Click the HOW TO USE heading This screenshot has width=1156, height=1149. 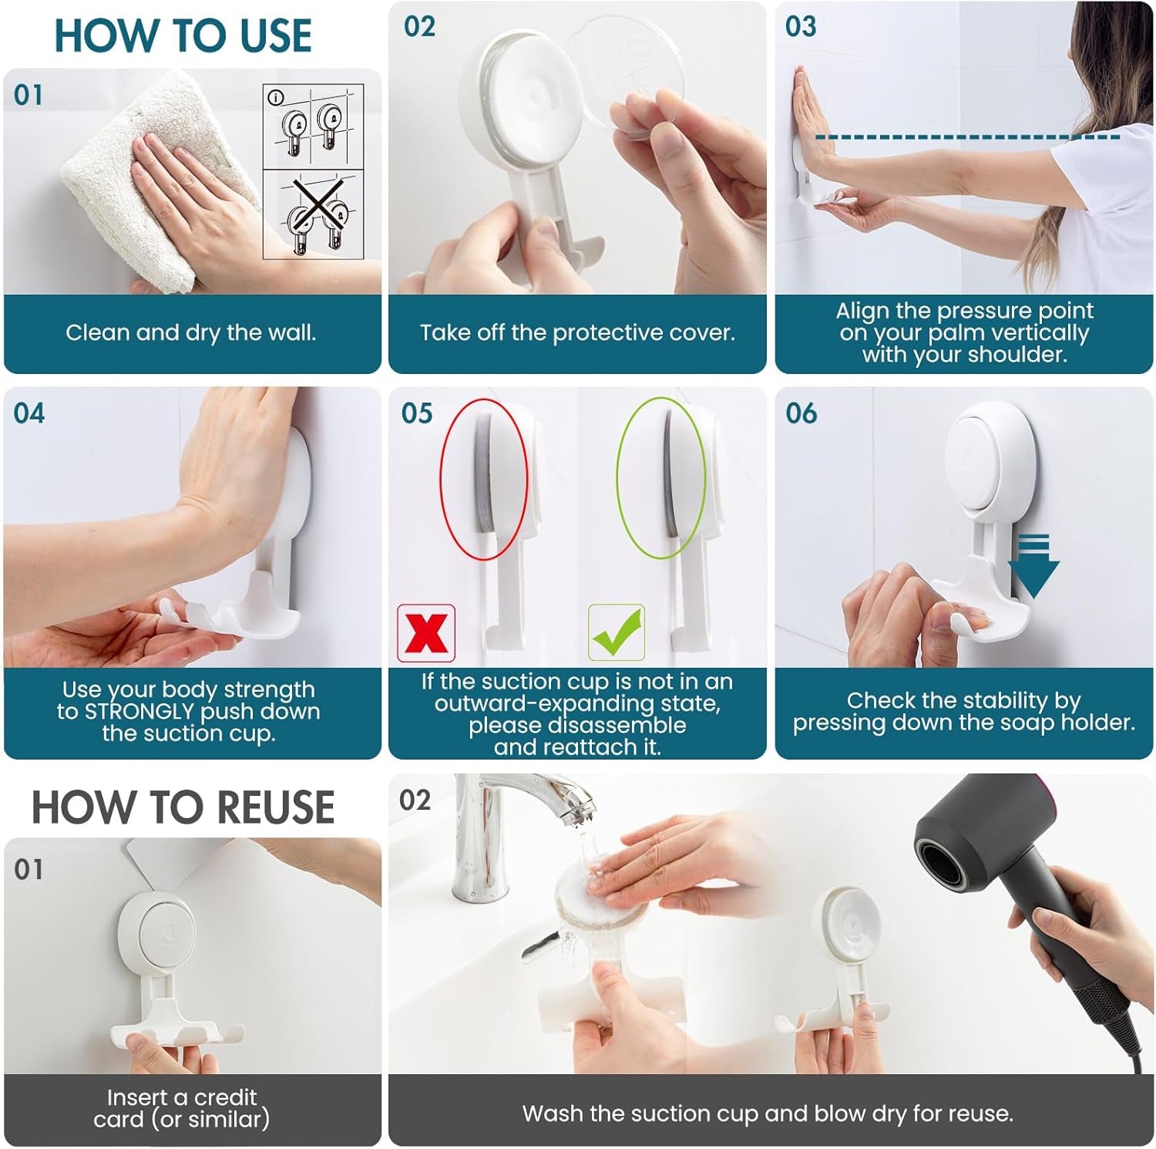(x=183, y=35)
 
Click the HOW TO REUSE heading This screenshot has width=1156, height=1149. (x=183, y=807)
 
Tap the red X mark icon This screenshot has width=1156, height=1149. (x=426, y=633)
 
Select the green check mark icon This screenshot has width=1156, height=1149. (x=616, y=633)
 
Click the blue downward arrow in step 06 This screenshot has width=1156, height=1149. (x=1033, y=567)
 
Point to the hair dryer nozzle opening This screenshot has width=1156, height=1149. (x=945, y=855)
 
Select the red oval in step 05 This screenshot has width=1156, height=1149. (x=483, y=478)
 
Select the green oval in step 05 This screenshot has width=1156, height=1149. (x=660, y=478)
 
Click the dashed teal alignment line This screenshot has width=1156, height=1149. (x=967, y=137)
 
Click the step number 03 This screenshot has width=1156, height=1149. (x=801, y=27)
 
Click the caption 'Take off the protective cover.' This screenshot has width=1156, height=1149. (x=577, y=332)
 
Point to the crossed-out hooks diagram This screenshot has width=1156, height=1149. (x=314, y=214)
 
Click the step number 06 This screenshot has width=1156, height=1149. (x=801, y=413)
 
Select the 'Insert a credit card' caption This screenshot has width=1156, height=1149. (x=182, y=1107)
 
